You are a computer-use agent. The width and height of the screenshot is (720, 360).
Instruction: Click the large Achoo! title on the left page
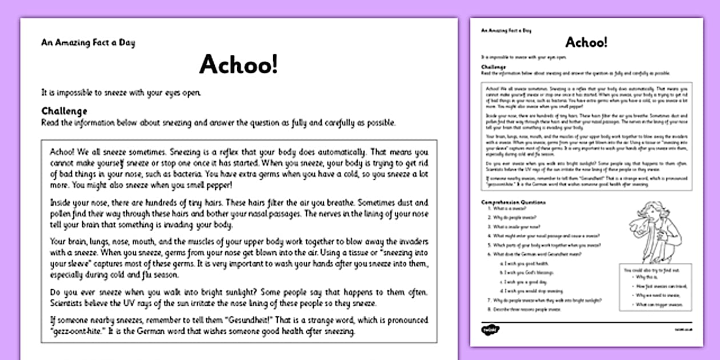pos(238,65)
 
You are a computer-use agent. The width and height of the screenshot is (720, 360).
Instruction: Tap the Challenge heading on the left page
pos(64,111)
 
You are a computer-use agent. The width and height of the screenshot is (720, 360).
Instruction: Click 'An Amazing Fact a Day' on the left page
pos(88,43)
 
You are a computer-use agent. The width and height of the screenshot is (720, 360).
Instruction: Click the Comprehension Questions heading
pos(513,202)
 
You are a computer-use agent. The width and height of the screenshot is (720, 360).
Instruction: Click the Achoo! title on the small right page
pos(586,42)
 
